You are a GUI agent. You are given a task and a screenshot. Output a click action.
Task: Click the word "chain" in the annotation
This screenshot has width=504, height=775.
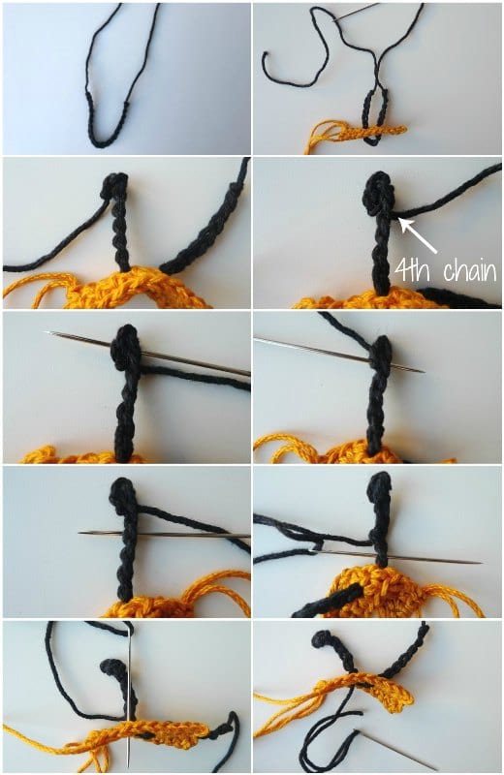coord(469,271)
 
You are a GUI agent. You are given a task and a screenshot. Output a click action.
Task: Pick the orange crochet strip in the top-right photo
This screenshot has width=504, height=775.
coord(368,132)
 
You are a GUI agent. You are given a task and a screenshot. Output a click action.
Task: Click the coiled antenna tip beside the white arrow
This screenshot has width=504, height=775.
coord(379,193)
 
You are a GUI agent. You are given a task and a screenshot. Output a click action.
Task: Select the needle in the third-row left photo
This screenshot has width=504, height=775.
coord(148,354)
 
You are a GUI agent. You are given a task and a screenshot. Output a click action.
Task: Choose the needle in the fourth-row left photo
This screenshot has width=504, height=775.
coord(164,534)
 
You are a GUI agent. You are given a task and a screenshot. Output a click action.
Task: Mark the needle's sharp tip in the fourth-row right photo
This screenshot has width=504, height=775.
coord(481,562)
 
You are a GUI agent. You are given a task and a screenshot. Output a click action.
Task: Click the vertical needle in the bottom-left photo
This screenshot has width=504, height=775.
coord(129,697)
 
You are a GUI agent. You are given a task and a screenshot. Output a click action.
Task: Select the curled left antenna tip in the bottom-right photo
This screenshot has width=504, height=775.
coord(324,639)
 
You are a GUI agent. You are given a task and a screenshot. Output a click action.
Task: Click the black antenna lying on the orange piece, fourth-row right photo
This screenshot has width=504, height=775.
coord(328,599)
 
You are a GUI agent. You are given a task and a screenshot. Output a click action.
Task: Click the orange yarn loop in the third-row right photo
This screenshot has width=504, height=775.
coord(279,445)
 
